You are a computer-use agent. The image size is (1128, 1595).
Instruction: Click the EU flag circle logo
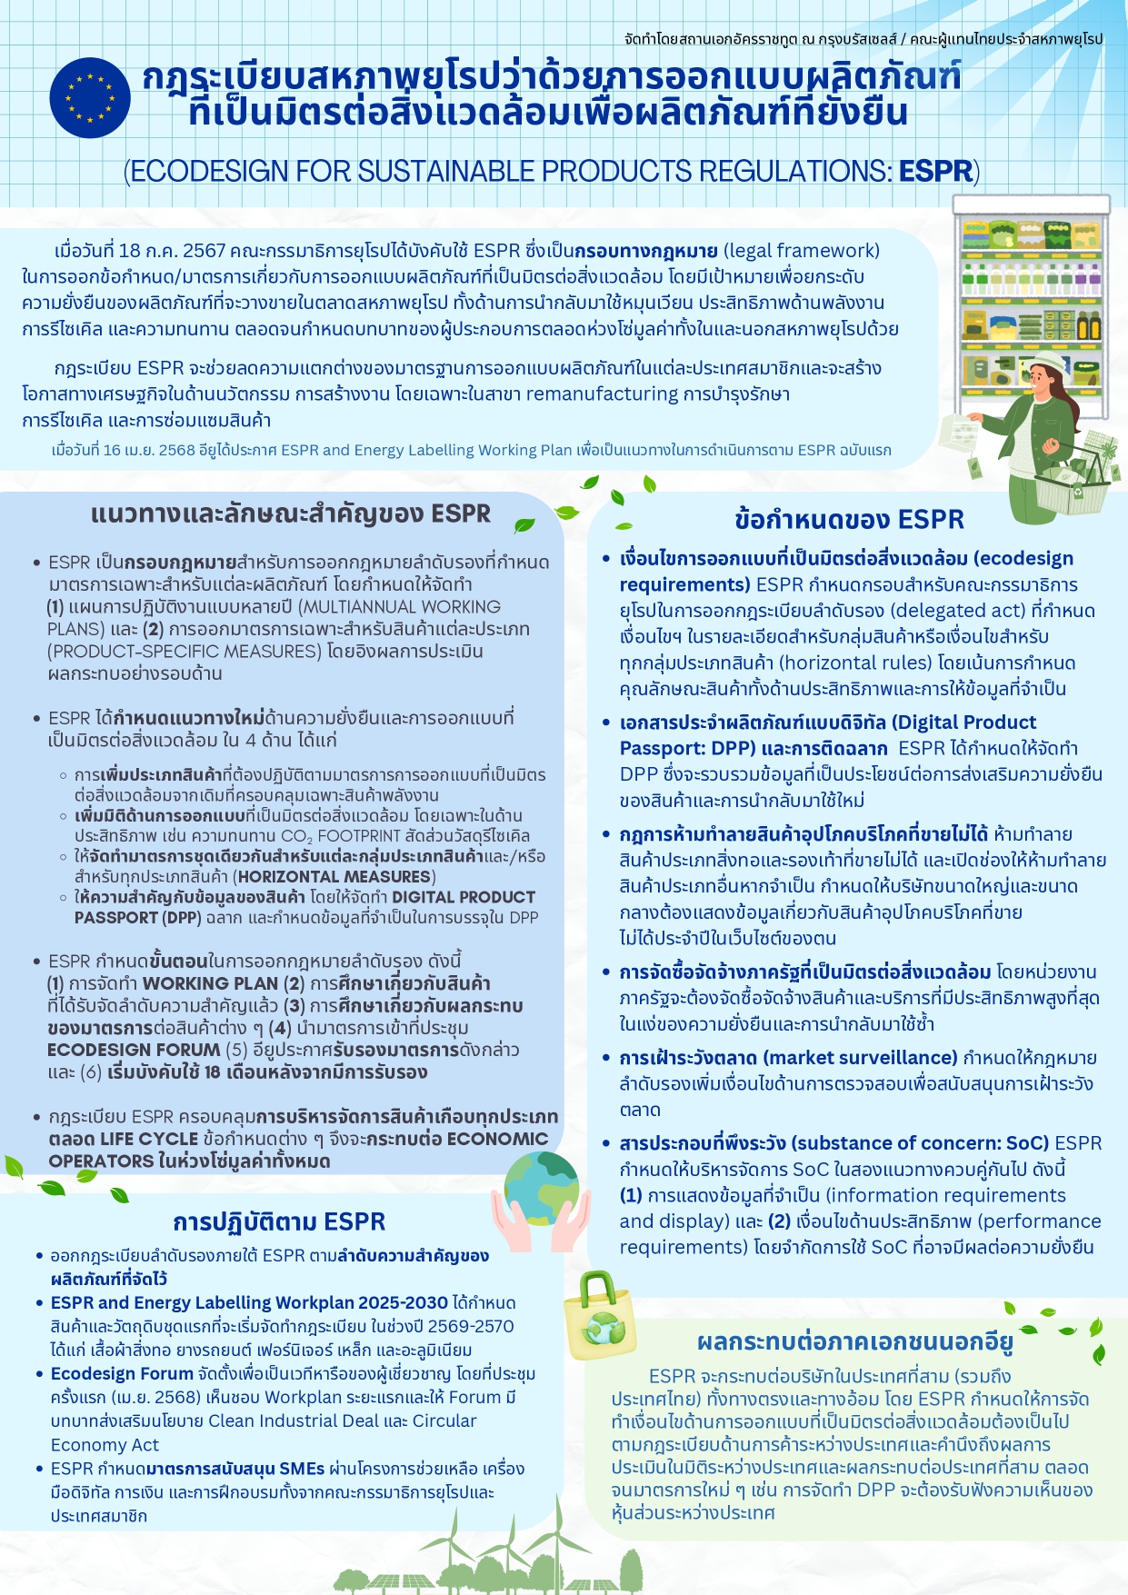point(90,97)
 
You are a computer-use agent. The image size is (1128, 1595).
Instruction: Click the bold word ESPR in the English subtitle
point(936,171)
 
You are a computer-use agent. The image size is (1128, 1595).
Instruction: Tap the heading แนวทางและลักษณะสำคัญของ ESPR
point(290,514)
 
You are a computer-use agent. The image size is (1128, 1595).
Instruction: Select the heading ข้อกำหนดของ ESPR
point(849,520)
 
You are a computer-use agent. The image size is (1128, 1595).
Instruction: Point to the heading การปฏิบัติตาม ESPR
point(279,1221)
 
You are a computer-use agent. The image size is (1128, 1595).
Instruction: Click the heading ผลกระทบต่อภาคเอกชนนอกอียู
point(854,1341)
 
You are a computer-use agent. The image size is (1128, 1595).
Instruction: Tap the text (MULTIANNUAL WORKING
point(400,607)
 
